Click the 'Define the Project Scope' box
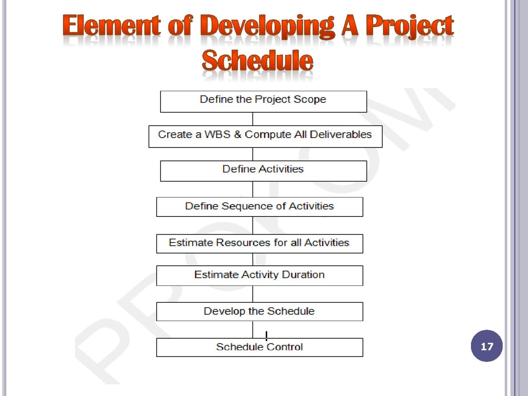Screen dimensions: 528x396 [x=263, y=101]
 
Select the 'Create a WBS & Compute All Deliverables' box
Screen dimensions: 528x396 [x=265, y=136]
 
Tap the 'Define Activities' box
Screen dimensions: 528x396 [x=263, y=171]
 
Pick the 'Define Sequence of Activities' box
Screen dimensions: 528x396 [x=260, y=207]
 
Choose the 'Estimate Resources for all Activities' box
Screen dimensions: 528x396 [x=260, y=244]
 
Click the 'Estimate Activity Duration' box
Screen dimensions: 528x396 [x=260, y=276]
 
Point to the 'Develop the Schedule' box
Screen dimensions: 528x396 [x=260, y=312]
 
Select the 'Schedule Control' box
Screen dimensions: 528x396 [x=260, y=347]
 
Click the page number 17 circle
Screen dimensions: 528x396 [x=487, y=346]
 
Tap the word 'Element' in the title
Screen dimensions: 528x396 [x=111, y=25]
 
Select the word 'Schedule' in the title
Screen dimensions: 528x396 [x=257, y=60]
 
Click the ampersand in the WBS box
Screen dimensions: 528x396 [x=237, y=134]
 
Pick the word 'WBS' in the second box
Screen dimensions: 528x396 [x=217, y=134]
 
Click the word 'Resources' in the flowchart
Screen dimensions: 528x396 [x=243, y=242]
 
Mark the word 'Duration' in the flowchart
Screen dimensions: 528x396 [x=303, y=275]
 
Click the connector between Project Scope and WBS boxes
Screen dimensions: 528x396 [x=252, y=119]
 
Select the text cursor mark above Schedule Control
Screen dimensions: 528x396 [x=266, y=336]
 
